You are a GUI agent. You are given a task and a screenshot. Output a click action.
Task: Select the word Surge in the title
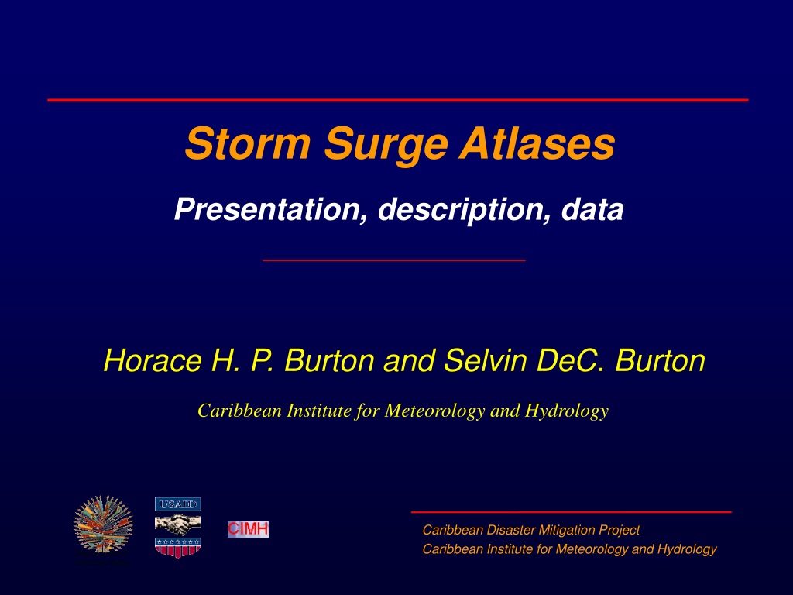pos(386,146)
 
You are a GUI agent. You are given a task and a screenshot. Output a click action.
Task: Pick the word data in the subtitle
pos(592,209)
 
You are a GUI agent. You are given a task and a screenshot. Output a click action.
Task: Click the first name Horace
pos(153,361)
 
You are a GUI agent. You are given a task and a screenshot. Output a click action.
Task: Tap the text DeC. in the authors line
pos(570,361)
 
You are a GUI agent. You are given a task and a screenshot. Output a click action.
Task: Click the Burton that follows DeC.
pos(660,361)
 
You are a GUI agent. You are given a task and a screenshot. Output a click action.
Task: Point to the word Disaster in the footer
pos(510,530)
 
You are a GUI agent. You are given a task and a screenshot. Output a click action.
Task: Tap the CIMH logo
pos(248,529)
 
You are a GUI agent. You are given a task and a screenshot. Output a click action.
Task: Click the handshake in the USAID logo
pos(177,524)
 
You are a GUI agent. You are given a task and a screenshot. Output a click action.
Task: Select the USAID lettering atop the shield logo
pos(177,504)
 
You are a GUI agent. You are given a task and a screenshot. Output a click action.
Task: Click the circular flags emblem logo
pos(103,524)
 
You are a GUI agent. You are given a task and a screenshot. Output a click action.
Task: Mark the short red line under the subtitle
pos(394,260)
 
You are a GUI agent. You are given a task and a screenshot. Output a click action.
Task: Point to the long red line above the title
pos(397,100)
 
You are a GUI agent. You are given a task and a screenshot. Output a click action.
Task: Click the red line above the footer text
pos(571,512)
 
